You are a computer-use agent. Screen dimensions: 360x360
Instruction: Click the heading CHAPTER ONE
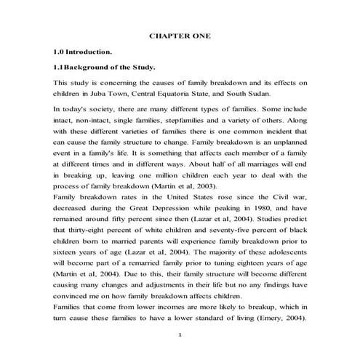180,35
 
